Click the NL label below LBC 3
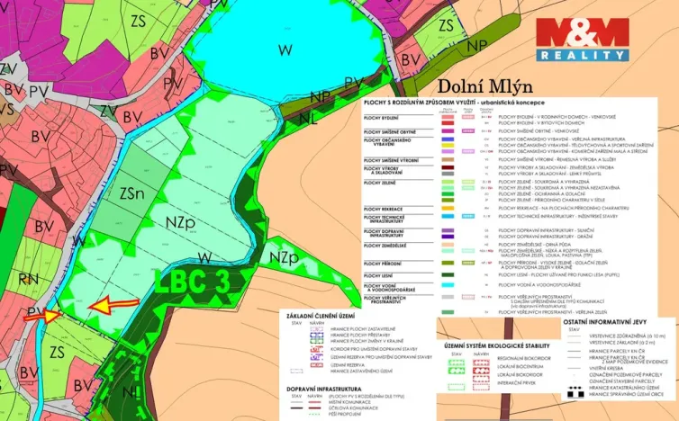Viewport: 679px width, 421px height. (x=131, y=392)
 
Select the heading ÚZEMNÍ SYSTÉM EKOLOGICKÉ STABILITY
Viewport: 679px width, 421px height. (x=496, y=345)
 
